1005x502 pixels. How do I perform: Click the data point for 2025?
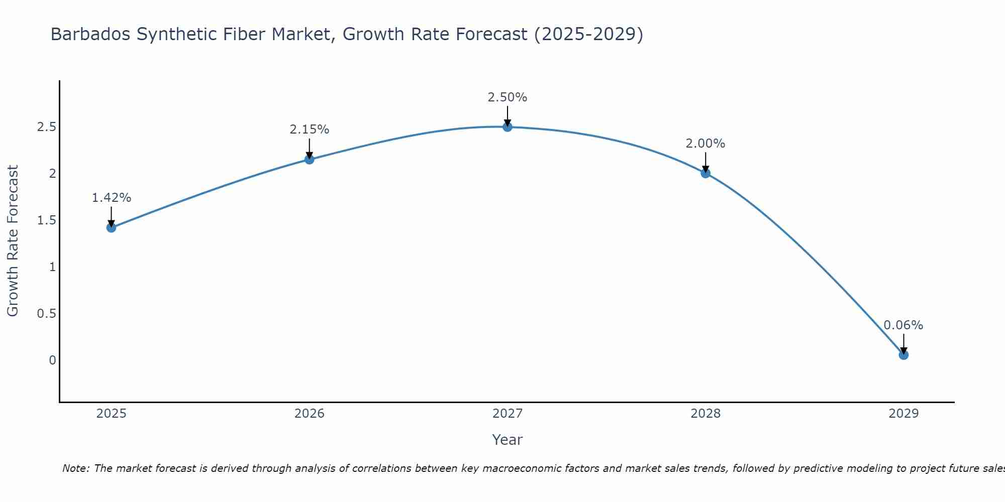coord(111,227)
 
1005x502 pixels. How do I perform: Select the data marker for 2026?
coord(310,159)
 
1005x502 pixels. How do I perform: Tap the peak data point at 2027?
coord(508,127)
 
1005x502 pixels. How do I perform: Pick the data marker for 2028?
coord(706,173)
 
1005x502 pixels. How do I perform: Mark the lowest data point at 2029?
coord(903,355)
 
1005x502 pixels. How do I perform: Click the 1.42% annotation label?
coord(111,198)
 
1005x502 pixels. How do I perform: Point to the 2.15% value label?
coord(310,130)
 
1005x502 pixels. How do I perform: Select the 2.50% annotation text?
coord(508,97)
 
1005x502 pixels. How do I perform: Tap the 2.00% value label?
coord(706,144)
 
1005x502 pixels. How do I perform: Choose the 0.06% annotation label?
coord(903,325)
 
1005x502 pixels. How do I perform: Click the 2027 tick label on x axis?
coord(508,414)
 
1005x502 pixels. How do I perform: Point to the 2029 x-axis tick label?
coord(903,414)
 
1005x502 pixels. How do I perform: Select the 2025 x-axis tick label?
coord(111,414)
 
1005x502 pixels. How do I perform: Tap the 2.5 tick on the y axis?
coord(46,127)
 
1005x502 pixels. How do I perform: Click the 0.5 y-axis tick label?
coord(46,314)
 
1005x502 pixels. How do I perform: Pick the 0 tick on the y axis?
coord(52,360)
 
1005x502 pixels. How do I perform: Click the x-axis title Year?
coord(508,440)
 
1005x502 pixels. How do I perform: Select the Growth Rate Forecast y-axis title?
coord(13,241)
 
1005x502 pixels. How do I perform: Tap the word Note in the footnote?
coord(75,468)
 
